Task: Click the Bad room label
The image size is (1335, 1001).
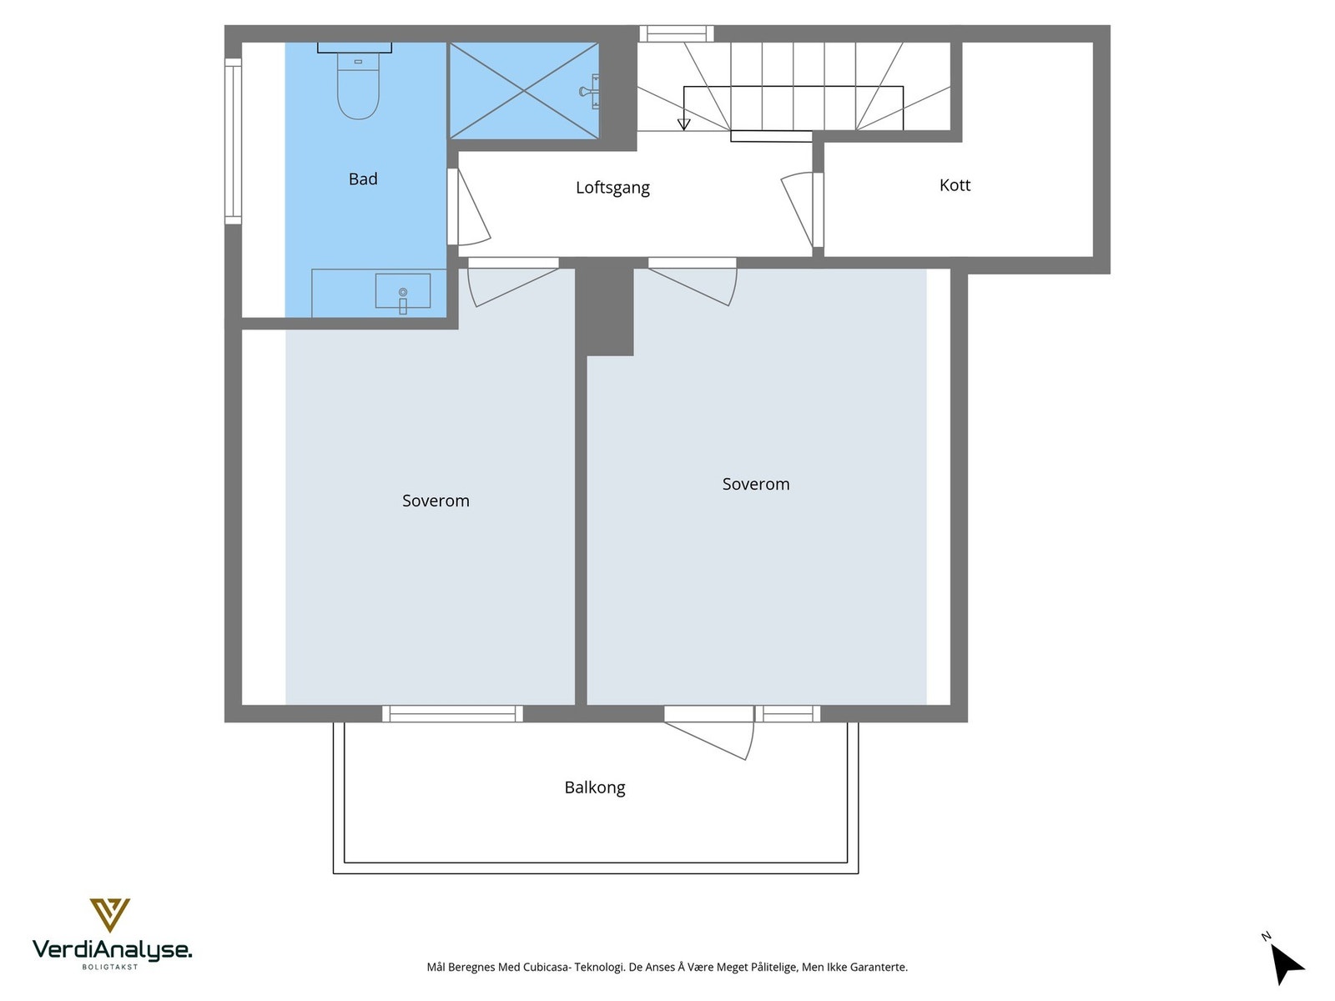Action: tap(363, 179)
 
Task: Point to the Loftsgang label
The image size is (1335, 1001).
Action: tap(612, 188)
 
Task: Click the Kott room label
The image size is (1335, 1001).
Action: tap(955, 185)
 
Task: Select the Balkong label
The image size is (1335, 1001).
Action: tap(594, 787)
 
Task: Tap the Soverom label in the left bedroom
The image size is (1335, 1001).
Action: tap(436, 500)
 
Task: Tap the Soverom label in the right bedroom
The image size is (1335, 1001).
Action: tap(755, 484)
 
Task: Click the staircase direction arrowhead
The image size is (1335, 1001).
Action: tap(684, 124)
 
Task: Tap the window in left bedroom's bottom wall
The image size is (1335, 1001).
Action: tap(452, 713)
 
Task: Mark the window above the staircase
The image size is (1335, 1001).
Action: tap(676, 33)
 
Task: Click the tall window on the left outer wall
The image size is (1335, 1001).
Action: tap(233, 141)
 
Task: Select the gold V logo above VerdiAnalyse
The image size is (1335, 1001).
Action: tap(109, 914)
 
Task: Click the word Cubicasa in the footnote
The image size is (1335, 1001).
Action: tap(547, 968)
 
